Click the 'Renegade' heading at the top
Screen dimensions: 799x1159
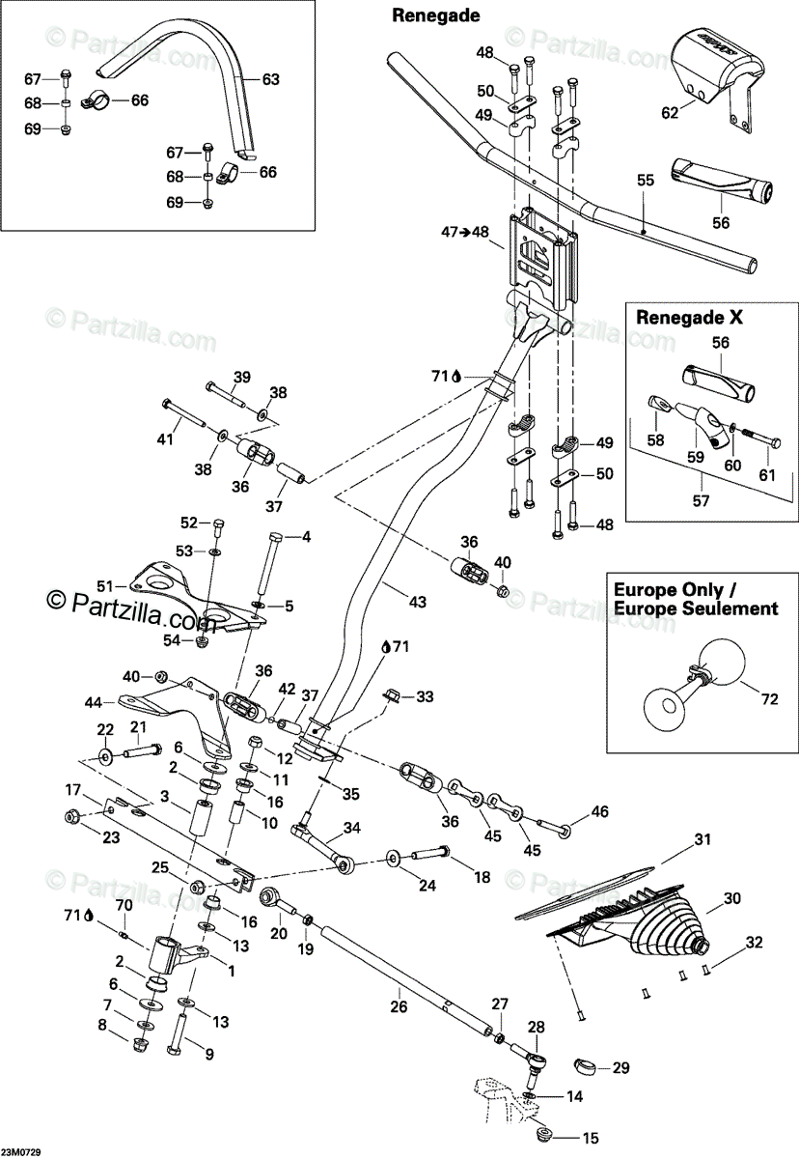point(435,16)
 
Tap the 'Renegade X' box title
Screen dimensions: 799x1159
point(689,317)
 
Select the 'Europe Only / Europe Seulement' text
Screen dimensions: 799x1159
point(696,599)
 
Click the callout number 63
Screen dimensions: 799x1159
point(271,79)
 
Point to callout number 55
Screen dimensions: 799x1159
point(646,180)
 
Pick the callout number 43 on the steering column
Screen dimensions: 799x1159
point(418,602)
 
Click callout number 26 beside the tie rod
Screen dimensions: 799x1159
point(399,1006)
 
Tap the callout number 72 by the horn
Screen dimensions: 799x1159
point(769,699)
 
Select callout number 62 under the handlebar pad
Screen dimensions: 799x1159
point(670,112)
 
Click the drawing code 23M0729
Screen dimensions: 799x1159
point(20,1153)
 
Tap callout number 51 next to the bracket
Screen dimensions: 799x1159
point(105,586)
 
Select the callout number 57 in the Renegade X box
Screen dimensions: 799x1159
point(701,500)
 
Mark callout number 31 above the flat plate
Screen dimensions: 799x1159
point(703,838)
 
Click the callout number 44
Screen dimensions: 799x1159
point(94,702)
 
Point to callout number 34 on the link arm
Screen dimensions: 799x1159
point(352,828)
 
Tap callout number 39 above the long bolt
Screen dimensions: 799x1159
point(242,378)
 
